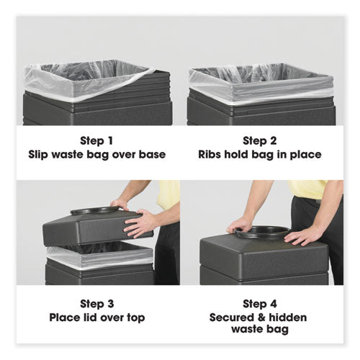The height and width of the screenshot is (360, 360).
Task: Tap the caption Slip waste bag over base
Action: (97, 154)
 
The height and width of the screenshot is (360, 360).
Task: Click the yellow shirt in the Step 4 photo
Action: (310, 188)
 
